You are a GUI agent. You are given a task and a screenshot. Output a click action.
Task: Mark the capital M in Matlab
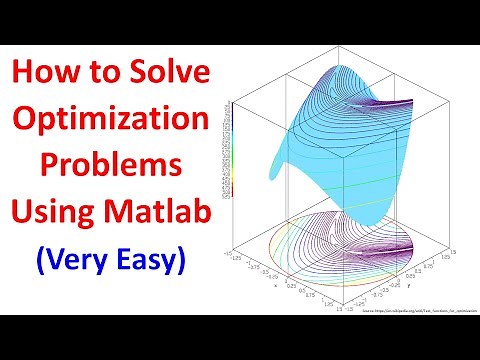tap(116, 213)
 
